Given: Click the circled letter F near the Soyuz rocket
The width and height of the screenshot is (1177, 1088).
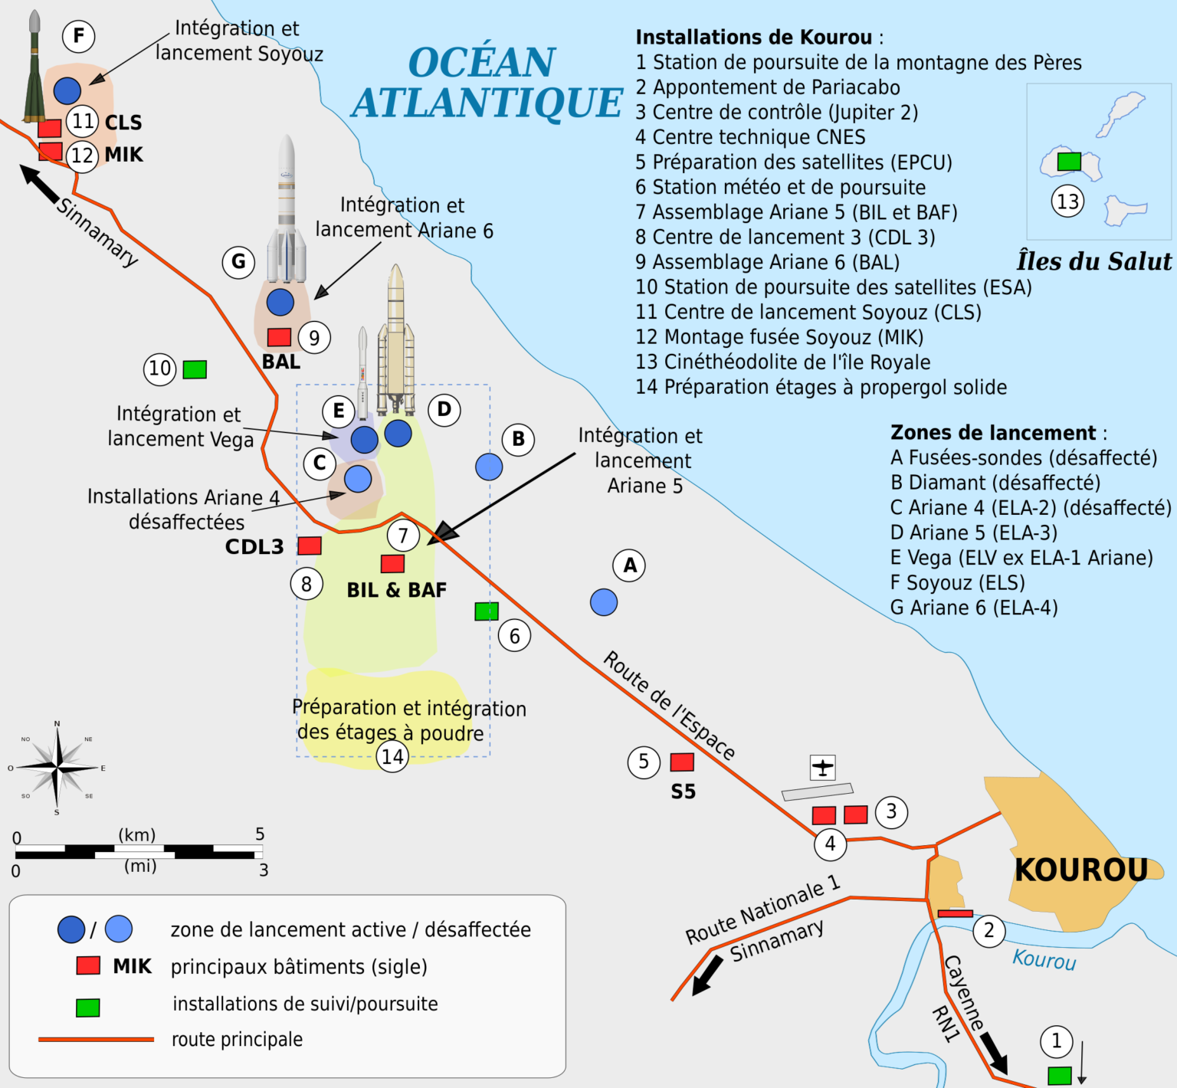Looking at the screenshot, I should point(78,36).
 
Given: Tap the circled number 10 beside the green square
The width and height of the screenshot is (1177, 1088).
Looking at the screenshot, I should point(159,369).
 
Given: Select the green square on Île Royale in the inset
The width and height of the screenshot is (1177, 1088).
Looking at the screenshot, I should point(1069,162).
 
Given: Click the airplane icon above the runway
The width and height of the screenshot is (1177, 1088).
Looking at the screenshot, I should point(822,767).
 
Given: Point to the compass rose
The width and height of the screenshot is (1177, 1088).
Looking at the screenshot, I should point(57,768).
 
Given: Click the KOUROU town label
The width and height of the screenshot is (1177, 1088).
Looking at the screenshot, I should point(1080,870).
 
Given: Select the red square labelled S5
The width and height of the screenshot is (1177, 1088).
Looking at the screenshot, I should point(682,762).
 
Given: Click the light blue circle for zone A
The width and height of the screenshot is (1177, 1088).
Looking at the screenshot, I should point(604,602).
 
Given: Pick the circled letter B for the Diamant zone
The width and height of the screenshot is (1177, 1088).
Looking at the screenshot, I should point(518,439).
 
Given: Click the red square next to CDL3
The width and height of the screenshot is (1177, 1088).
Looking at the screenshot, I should point(310,546).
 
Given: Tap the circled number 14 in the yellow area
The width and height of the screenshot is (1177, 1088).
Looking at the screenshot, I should point(392,757).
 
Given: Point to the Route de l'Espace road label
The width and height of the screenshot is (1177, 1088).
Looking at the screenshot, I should point(669,705).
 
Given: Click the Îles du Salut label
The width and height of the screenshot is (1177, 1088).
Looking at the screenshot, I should point(1093,261).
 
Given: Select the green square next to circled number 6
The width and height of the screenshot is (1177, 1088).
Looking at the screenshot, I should point(487,611).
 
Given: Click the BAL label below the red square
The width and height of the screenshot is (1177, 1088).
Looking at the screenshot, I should point(281,362).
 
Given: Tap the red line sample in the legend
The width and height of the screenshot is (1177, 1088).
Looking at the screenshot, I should point(96,1040).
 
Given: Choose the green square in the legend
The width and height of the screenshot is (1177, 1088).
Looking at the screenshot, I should point(88,1008).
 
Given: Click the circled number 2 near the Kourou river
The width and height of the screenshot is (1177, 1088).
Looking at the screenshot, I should point(988,930).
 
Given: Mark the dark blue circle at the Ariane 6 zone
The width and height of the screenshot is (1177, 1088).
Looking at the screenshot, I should point(280,302).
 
